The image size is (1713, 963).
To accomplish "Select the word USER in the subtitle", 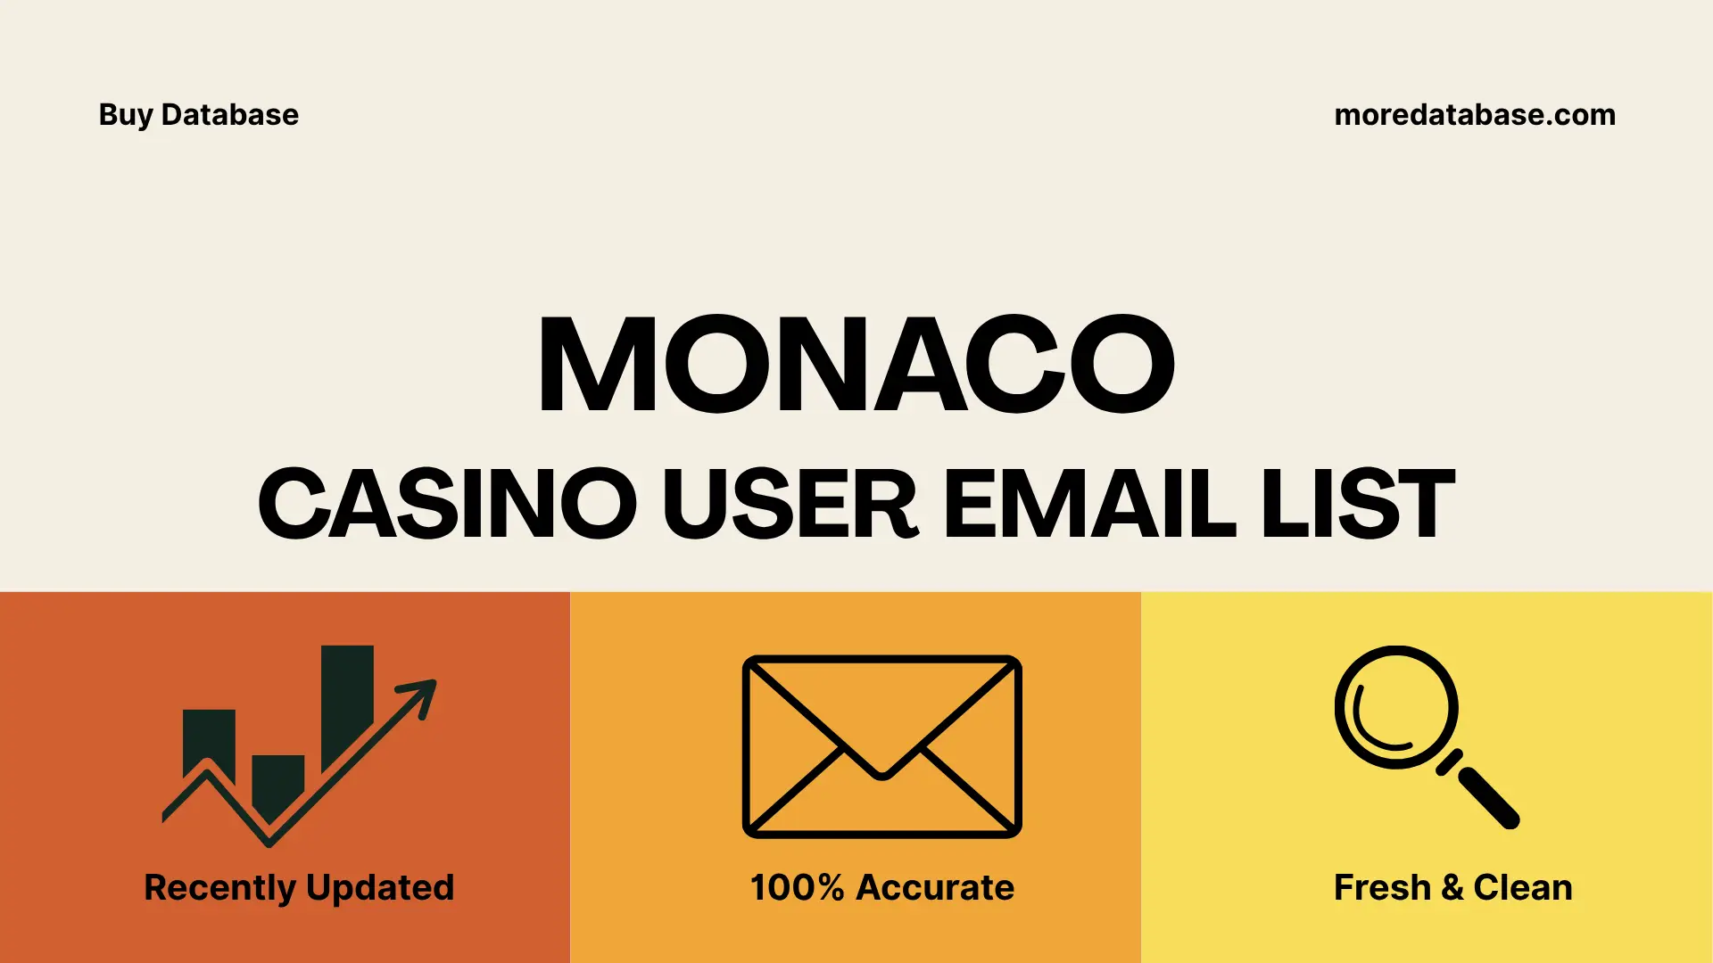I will [x=789, y=504].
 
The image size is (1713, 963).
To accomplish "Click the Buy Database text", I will [x=198, y=115].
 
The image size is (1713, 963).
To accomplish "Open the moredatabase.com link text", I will [x=1474, y=115].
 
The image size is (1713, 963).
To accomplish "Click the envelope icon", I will [x=881, y=746].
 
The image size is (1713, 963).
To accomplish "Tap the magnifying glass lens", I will [x=1395, y=707].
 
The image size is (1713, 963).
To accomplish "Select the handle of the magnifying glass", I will [x=1488, y=797].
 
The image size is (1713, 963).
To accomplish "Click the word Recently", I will [x=219, y=888].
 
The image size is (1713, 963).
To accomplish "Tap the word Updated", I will [x=380, y=888].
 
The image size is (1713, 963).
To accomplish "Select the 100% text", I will [x=797, y=888].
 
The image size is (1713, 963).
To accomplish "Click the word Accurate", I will [x=935, y=888].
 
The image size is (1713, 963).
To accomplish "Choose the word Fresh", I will [x=1382, y=888].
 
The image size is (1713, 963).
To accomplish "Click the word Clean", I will [x=1522, y=888].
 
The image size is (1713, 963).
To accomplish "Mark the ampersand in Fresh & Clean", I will [x=1452, y=888].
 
